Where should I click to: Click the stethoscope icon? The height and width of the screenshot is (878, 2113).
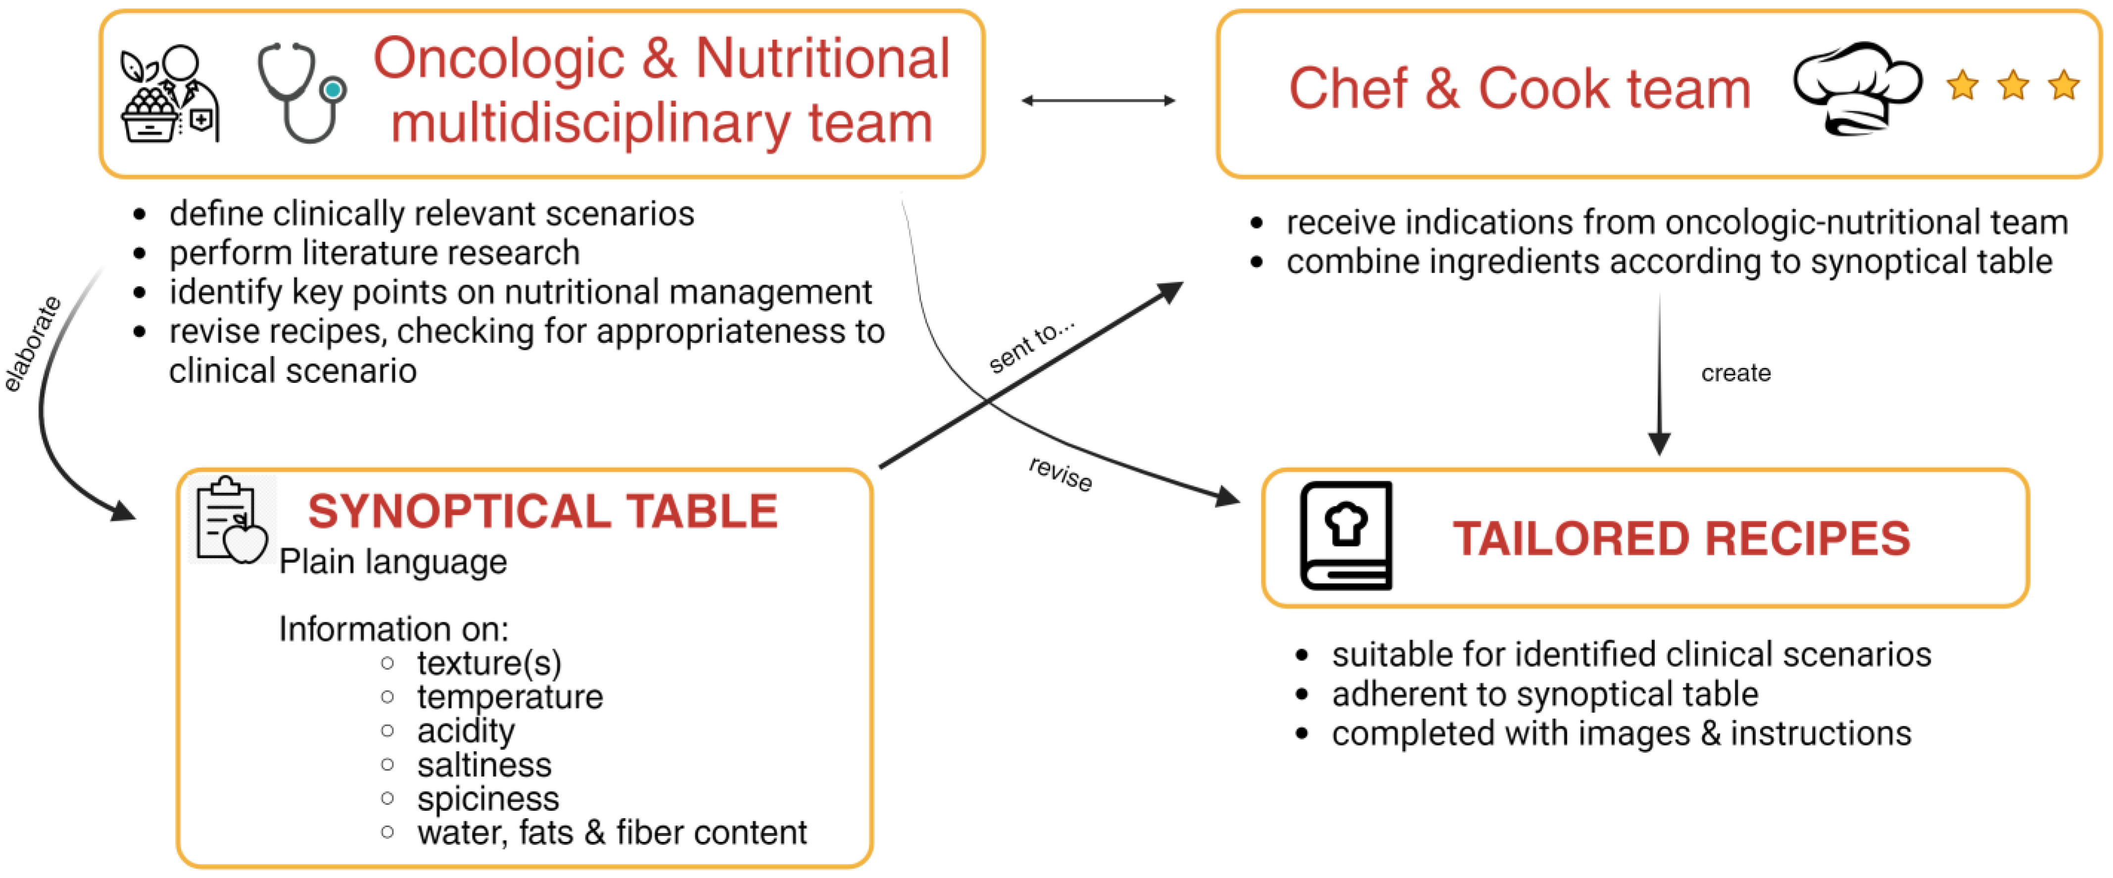[x=300, y=92]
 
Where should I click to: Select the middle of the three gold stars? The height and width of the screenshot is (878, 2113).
[x=2013, y=85]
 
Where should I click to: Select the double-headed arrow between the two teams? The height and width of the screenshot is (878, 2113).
[x=1099, y=101]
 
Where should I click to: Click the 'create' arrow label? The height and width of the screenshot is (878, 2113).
[x=1736, y=373]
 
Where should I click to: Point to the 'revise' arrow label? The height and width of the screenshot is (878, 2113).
[x=1060, y=474]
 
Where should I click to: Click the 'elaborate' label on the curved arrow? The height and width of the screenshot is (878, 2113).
[x=33, y=344]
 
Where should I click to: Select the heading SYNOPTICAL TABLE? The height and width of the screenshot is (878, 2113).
[x=542, y=511]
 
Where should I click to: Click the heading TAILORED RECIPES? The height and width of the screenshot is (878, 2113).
[x=1681, y=539]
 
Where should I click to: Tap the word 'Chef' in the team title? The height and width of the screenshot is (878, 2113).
[x=1347, y=89]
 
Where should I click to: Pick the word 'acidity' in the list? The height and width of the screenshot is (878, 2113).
[x=466, y=731]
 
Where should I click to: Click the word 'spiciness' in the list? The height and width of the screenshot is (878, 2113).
[x=488, y=798]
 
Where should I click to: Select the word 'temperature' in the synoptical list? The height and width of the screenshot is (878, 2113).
[x=509, y=697]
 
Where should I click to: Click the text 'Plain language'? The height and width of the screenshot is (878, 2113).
[x=393, y=562]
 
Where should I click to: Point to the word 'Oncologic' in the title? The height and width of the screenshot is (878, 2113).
[x=499, y=59]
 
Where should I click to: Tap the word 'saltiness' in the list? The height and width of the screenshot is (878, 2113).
[x=484, y=765]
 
